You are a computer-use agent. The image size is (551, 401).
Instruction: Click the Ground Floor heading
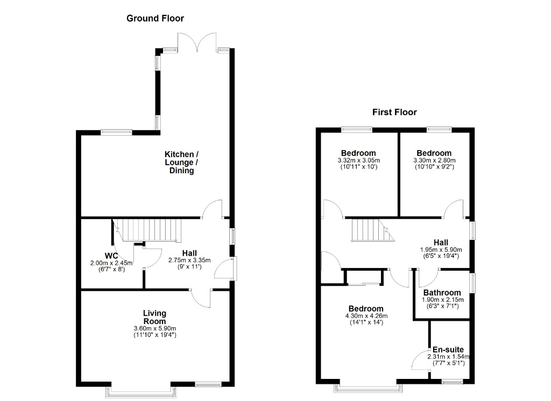pos(155,18)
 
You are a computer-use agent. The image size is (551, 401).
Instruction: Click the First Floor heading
pos(394,112)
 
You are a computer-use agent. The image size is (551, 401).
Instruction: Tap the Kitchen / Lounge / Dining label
pos(182,163)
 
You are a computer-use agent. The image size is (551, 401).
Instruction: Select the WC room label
pos(111,256)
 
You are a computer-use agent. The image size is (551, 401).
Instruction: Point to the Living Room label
pos(154,317)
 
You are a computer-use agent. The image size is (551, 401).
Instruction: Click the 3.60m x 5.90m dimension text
pos(154,328)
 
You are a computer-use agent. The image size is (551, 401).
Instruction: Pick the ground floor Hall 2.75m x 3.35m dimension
pos(189,261)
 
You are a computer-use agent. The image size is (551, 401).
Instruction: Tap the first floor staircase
pos(372,230)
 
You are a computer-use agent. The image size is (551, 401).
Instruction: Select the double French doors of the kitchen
pos(197,43)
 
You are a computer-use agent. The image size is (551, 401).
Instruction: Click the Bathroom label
pos(442,292)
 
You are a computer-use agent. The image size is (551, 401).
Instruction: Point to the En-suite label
pos(448,349)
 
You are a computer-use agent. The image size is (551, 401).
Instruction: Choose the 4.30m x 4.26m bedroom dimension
pos(366,316)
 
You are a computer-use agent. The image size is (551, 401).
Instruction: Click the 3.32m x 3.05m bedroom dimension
pos(359,160)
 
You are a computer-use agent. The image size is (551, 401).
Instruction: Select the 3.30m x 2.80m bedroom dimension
pos(434,160)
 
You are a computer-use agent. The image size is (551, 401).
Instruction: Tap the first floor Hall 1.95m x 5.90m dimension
pos(441,250)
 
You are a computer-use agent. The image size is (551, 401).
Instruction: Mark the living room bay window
pos(141,391)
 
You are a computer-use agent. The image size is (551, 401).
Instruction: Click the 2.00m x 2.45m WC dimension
pos(111,263)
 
